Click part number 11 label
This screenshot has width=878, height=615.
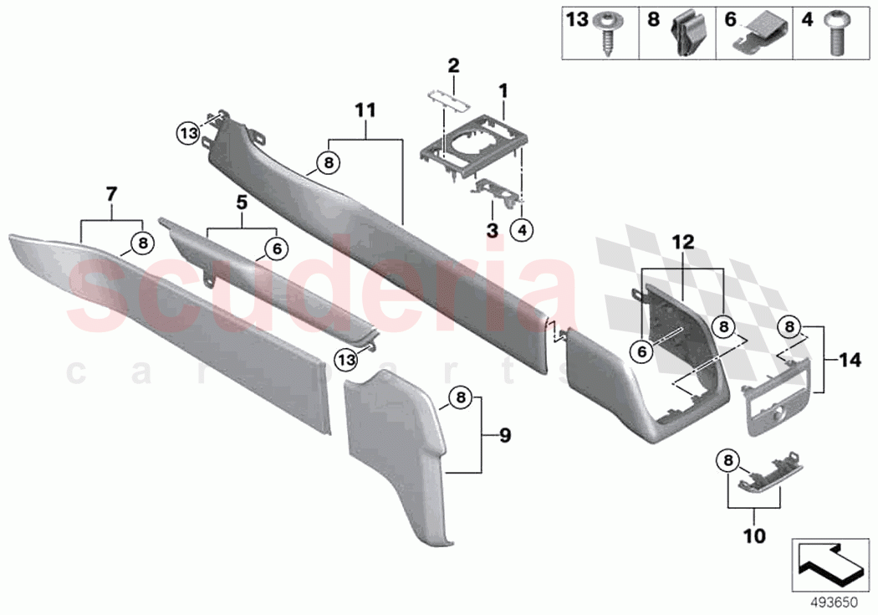point(365,110)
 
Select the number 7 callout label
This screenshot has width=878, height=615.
point(110,195)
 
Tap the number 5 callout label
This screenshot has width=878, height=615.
point(242,201)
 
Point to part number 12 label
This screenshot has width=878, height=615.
point(683,242)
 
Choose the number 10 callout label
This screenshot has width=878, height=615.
point(754,532)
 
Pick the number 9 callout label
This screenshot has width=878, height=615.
point(504,435)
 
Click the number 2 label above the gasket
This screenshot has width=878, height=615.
point(452,64)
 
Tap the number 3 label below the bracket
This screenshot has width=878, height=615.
point(493,228)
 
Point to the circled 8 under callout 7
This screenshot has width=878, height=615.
point(144,243)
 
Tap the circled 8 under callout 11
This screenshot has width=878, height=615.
point(329,163)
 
